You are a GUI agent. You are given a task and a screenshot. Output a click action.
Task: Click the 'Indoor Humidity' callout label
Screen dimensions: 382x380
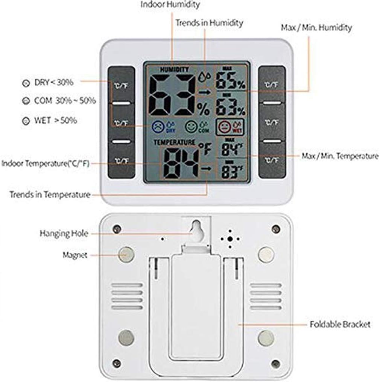coord(170,5)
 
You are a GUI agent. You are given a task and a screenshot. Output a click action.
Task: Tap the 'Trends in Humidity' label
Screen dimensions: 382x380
coord(209,23)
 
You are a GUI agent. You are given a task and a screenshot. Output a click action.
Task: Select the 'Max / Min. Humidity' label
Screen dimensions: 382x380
coord(316,27)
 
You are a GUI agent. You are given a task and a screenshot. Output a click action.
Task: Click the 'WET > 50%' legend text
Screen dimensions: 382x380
coord(55,121)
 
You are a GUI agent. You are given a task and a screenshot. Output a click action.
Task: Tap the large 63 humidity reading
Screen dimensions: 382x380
coord(172,95)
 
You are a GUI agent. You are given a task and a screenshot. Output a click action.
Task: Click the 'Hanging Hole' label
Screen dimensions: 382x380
coord(64,234)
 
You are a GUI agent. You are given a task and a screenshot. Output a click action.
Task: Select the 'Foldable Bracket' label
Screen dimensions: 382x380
coord(340,324)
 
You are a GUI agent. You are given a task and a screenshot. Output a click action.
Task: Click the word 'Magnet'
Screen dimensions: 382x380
coord(75,255)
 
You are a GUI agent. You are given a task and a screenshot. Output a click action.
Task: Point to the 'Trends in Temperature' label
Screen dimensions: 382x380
coord(50,195)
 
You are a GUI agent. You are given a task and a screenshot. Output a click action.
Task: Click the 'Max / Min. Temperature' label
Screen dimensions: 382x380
coord(340,156)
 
